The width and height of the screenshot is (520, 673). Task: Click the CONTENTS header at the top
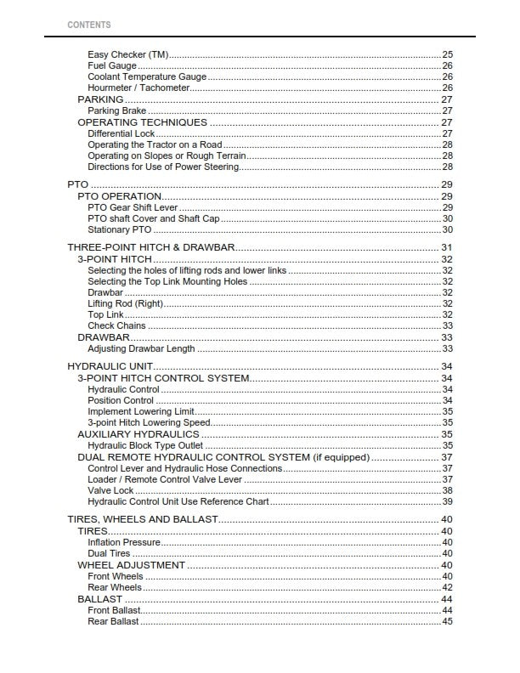pos(88,25)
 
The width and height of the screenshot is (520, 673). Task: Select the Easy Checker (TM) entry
pos(127,55)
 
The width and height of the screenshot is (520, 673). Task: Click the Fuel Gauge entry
pos(112,66)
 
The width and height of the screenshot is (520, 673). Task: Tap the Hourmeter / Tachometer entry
pos(138,88)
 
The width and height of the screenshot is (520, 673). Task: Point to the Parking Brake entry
pos(118,111)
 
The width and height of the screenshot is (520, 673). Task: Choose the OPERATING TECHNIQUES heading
pos(142,122)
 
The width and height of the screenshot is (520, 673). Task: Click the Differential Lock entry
pos(122,134)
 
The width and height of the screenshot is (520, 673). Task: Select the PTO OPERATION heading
pos(120,196)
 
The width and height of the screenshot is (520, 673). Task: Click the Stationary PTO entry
pos(120,230)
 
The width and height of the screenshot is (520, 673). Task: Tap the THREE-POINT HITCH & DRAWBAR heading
pos(151,247)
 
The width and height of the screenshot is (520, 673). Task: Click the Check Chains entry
pos(116,326)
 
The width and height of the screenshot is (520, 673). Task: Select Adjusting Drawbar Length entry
pos(141,349)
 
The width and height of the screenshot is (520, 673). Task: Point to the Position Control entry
pos(121,401)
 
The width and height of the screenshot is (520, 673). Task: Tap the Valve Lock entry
pos(110,491)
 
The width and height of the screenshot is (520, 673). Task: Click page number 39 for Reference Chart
pos(447,502)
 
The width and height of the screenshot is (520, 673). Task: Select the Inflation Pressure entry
pos(124,542)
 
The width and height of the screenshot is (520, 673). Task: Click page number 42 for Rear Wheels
pos(447,587)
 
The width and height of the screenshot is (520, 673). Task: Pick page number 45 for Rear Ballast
pos(447,622)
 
